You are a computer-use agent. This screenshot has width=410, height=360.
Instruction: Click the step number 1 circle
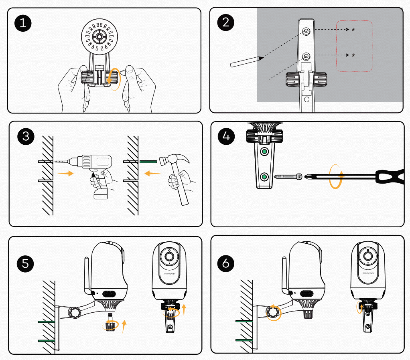24,23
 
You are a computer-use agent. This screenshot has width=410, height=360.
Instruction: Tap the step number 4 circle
226,136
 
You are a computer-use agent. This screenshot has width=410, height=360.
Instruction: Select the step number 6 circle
226,263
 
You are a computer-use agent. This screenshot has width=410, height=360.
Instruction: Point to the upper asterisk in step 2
353,30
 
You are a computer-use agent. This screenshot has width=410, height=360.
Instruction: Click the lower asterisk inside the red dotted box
353,55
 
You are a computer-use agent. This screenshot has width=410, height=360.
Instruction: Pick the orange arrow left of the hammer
152,174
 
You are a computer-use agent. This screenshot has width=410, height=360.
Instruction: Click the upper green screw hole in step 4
264,152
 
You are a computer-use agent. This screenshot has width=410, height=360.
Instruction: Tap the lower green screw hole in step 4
264,176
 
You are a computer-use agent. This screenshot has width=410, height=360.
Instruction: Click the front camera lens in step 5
169,257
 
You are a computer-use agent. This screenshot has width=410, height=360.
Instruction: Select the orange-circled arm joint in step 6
274,311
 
